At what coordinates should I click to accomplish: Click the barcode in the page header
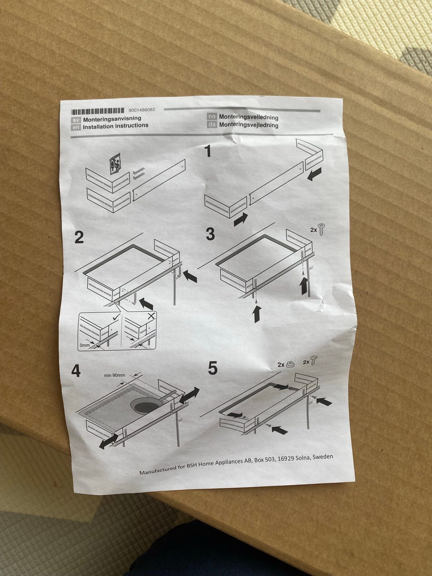click(98, 111)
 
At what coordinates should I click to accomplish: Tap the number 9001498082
click(142, 110)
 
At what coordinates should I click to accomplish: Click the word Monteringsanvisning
click(112, 119)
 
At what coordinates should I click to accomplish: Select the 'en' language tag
click(76, 127)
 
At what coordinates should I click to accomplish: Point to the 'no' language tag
click(212, 117)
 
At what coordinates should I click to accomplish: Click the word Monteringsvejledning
click(249, 125)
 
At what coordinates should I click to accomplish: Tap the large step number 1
click(208, 151)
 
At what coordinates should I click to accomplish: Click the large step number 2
click(79, 237)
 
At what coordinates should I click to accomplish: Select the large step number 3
click(210, 234)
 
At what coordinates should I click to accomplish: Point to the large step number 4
click(76, 371)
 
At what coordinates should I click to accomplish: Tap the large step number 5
click(213, 368)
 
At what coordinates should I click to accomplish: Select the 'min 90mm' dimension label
click(115, 375)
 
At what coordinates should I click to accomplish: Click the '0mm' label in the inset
click(85, 345)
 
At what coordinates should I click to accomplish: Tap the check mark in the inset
click(115, 318)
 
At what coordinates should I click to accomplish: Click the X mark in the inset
click(151, 316)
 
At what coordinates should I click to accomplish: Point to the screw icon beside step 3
click(320, 229)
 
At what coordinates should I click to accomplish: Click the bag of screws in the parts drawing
click(115, 164)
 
